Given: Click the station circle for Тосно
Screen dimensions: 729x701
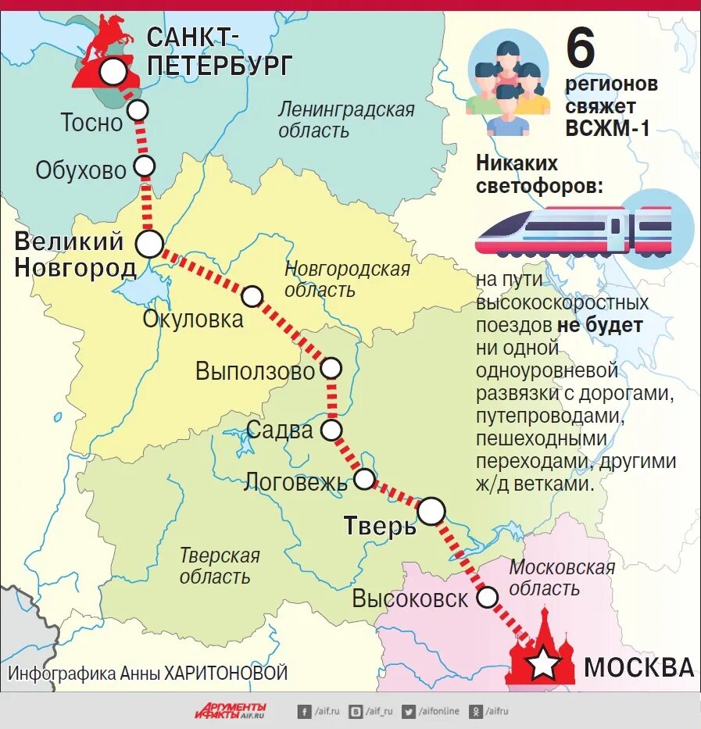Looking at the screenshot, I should [138, 110].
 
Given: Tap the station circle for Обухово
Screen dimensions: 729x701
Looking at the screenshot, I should [145, 166].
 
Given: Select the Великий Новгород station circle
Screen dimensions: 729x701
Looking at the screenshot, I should [149, 244].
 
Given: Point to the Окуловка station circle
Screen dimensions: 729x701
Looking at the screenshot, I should [252, 296].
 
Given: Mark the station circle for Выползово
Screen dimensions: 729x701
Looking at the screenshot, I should [332, 367].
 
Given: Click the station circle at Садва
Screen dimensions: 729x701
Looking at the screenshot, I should [332, 429].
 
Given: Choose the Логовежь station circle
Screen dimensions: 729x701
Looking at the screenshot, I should [364, 479].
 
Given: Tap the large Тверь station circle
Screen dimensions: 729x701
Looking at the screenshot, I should [431, 511].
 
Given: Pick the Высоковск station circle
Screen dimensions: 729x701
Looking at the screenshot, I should [488, 598].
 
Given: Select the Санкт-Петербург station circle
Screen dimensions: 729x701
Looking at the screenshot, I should [113, 72].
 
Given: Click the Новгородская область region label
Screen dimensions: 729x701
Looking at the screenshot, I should [347, 279].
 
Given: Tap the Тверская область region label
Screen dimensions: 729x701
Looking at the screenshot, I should [219, 566].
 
